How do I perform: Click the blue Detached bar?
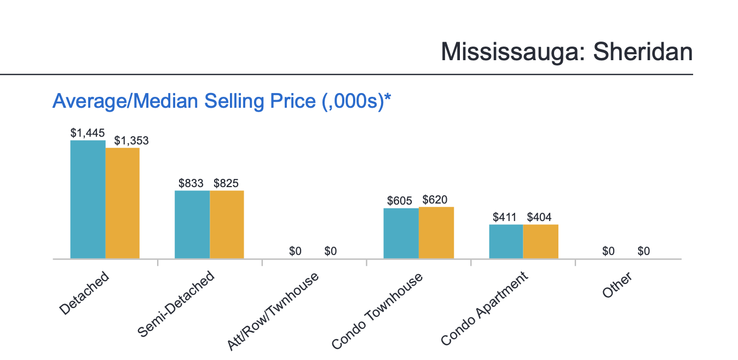coord(88,199)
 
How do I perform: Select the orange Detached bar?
coord(123,203)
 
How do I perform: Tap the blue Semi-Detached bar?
coord(192,224)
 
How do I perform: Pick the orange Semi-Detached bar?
coord(227,224)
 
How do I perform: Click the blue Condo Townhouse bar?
coord(401,233)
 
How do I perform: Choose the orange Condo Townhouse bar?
coord(436,233)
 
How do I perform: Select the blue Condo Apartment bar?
coord(506,241)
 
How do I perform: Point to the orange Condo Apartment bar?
coord(541,241)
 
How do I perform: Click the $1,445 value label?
coord(88,132)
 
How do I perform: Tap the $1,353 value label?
coord(131,141)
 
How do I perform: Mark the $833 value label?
coord(191,183)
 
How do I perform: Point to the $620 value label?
coord(435,200)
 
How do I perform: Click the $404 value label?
coord(539,217)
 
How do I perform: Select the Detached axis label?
coord(84,293)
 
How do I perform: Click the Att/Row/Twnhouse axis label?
coord(273,311)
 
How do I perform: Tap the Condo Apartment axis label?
coord(485,309)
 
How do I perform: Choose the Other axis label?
coord(617,286)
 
